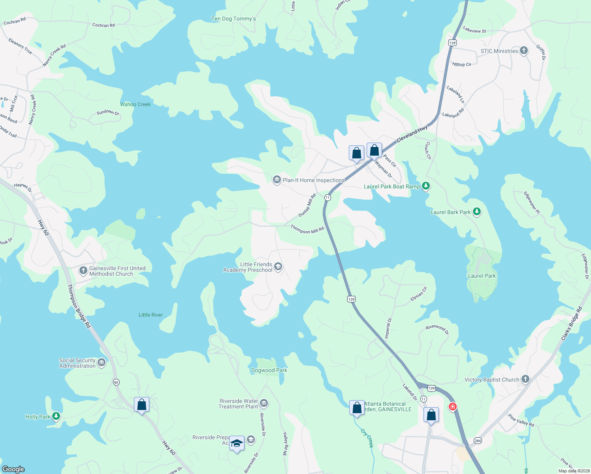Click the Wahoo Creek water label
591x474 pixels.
click(x=136, y=104)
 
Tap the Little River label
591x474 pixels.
click(x=151, y=315)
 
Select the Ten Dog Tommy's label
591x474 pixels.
click(x=233, y=19)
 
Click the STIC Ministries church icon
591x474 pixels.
click(x=524, y=51)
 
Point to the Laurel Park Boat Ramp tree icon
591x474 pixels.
click(x=425, y=186)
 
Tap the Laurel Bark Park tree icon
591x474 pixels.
click(x=477, y=212)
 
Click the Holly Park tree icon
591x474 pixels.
click(x=56, y=416)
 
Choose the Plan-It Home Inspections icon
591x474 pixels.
click(x=277, y=180)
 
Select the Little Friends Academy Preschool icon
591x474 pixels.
click(x=278, y=267)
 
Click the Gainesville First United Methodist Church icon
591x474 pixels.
click(x=83, y=271)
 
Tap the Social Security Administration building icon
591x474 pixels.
click(x=102, y=363)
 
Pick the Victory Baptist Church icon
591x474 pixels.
click(x=525, y=379)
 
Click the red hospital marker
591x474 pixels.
click(x=453, y=406)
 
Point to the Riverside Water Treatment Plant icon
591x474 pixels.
click(x=264, y=403)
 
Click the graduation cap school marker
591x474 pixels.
click(x=237, y=444)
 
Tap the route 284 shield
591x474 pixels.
click(x=478, y=440)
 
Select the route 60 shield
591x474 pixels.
click(x=116, y=382)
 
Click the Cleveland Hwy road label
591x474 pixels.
click(x=412, y=134)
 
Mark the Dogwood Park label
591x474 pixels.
click(x=269, y=370)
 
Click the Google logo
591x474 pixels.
click(x=13, y=469)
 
